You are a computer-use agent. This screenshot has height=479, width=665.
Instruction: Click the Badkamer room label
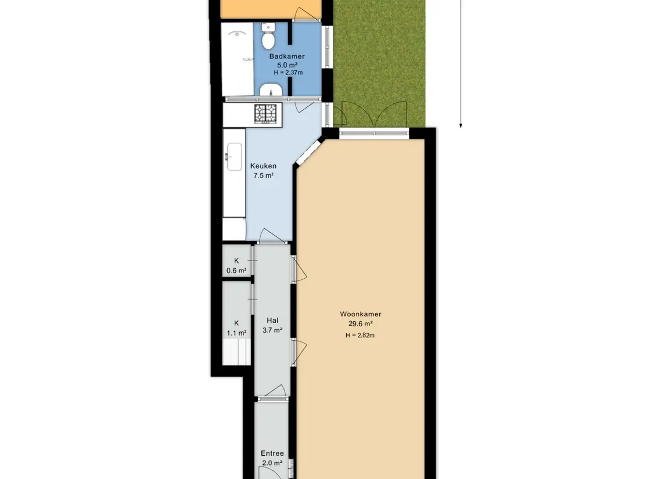[287, 56]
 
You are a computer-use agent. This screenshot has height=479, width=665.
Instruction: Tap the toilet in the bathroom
[268, 37]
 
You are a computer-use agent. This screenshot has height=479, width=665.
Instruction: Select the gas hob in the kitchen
[265, 113]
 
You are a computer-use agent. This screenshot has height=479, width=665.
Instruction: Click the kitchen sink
[234, 157]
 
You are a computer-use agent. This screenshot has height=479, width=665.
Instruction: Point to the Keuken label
[263, 166]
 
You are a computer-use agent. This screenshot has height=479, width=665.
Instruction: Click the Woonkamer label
[361, 314]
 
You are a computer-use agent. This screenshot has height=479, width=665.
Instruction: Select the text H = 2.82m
[360, 336]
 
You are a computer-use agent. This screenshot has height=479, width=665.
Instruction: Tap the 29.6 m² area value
[361, 324]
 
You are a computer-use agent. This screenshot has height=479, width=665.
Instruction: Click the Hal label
[272, 320]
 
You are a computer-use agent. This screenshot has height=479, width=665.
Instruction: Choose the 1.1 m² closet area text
[236, 333]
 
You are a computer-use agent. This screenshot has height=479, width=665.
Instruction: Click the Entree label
[272, 453]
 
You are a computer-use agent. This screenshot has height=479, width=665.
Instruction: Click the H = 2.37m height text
[289, 73]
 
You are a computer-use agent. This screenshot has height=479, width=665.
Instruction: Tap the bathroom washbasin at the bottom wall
[271, 90]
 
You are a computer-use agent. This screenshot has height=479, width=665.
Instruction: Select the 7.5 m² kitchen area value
[263, 175]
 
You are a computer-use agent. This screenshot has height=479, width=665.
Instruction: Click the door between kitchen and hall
[272, 236]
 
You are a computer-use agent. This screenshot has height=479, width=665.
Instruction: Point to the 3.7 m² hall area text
[272, 330]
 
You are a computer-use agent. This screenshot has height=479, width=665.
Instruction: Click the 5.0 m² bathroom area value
[287, 65]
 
